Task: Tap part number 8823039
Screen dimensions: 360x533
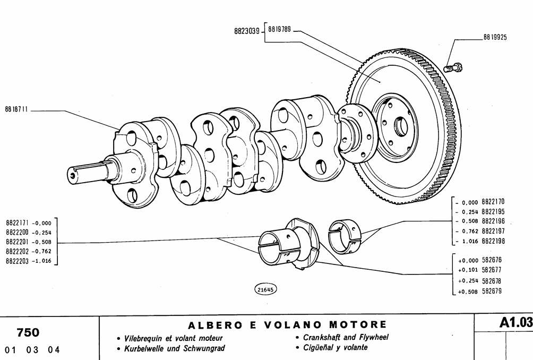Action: click(247, 31)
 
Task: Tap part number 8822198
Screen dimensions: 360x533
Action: click(493, 241)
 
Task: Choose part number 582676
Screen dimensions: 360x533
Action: click(492, 261)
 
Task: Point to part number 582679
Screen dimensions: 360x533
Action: click(492, 291)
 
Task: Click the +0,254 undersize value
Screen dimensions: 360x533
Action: click(468, 281)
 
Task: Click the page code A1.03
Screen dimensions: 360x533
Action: click(515, 322)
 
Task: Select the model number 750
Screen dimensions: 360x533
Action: click(28, 333)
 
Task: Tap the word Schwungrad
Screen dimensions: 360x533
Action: click(204, 348)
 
